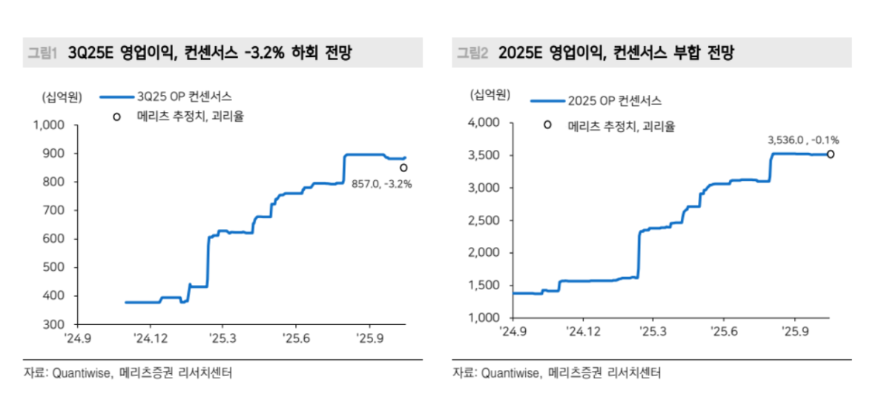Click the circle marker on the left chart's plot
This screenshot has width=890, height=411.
403,168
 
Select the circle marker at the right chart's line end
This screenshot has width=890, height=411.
831,154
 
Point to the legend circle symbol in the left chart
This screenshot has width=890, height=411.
116,116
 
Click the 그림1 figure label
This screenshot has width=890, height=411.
42,53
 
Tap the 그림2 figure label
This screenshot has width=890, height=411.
472,53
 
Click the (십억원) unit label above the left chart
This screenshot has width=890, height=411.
60,96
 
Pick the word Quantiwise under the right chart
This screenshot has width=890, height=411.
511,373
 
